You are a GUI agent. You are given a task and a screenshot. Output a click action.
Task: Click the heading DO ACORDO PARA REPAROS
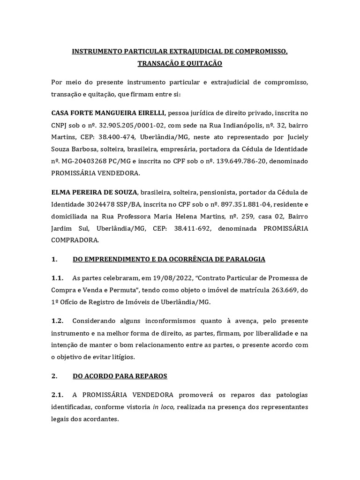click(x=120, y=375)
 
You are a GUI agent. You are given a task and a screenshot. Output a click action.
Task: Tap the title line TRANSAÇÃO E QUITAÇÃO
click(x=180, y=63)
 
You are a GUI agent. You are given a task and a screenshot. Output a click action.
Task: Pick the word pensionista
click(x=202, y=192)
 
